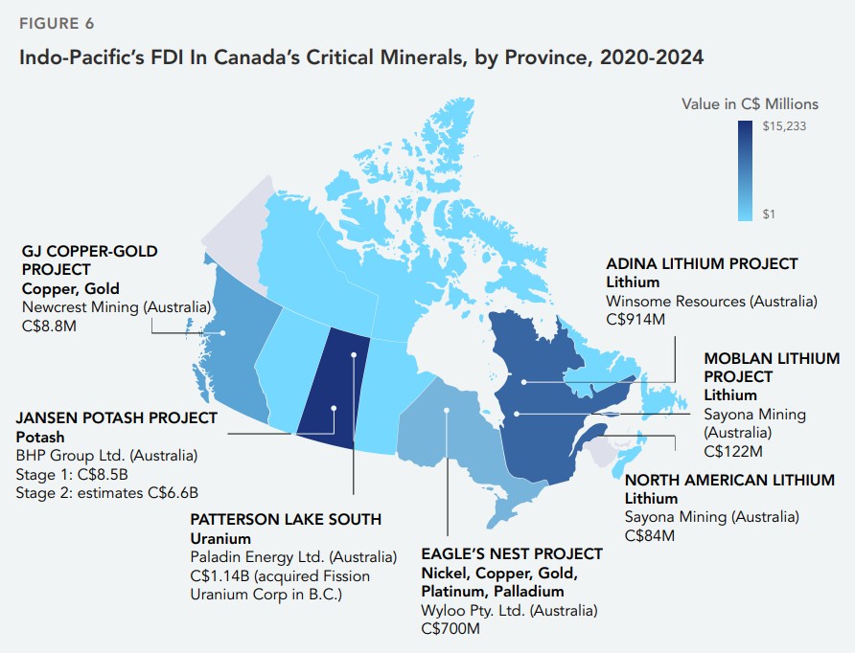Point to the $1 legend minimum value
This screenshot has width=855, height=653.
pos(770,214)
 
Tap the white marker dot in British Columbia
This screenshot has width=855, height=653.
pos(223,333)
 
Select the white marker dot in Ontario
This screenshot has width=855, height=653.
pos(447,411)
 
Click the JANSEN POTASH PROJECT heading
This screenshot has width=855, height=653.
pos(116,418)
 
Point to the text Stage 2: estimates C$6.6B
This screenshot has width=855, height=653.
pos(106,493)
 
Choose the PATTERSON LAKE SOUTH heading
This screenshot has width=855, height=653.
pos(287,519)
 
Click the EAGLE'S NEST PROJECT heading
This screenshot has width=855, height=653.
pos(512,553)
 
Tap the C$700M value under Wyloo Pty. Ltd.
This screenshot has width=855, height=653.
pos(450,628)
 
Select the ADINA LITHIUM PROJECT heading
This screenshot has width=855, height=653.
pos(702,263)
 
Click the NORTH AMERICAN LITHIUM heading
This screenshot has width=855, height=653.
pos(729,480)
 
